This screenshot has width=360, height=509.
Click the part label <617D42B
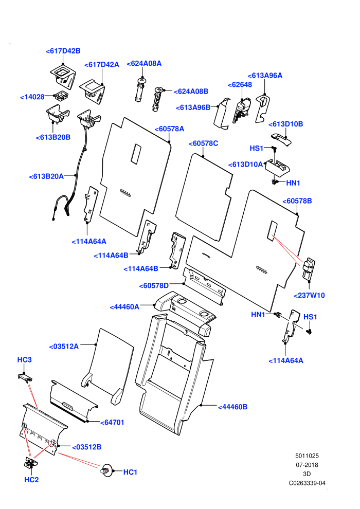63,51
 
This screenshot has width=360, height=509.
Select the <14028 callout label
32,97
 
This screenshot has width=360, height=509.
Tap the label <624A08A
144,63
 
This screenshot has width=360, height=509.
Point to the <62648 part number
240,84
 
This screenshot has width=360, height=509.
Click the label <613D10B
285,124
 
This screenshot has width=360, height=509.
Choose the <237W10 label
309,295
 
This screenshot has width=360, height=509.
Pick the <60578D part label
154,285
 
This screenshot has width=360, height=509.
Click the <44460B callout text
233,407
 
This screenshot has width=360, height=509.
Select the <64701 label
112,422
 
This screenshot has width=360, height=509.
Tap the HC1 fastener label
130,472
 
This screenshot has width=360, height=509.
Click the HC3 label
24,360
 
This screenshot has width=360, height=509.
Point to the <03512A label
64,347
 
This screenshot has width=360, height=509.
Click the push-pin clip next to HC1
107,470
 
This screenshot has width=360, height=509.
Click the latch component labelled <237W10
309,269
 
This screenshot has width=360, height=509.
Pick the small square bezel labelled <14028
61,96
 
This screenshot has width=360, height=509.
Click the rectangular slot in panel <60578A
136,154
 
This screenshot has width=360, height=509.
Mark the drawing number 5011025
307,456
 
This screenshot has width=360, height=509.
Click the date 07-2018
307,465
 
